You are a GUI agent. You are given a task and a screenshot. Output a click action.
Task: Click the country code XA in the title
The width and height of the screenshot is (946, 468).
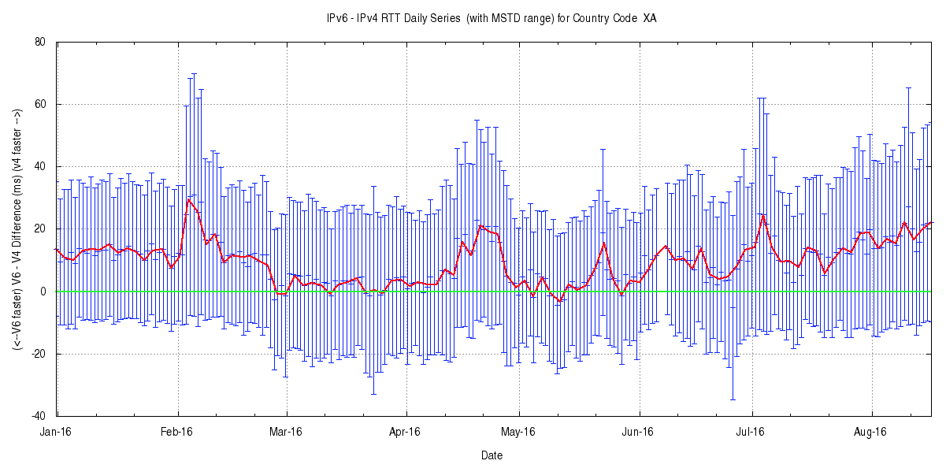649,18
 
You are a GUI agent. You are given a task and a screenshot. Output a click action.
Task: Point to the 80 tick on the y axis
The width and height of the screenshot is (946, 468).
39,43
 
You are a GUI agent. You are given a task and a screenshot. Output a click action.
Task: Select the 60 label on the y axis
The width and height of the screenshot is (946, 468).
39,105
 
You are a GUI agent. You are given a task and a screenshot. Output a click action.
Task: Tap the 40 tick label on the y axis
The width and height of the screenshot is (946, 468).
39,167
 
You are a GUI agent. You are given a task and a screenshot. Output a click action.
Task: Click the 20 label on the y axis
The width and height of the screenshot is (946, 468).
39,229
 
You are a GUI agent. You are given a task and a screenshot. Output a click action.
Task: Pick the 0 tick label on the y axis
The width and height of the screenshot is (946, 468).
43,292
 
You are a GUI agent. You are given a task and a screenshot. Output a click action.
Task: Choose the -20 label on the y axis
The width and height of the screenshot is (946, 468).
38,354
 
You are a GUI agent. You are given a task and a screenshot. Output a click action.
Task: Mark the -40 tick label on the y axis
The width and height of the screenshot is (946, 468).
38,416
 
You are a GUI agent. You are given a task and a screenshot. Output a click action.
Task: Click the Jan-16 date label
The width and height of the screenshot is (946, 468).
56,432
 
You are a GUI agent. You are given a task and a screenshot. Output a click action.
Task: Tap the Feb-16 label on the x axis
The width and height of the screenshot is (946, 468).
177,432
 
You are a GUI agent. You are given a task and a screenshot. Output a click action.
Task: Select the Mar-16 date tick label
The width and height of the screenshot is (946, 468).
286,432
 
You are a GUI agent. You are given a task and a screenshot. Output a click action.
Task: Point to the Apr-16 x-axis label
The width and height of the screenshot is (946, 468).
406,432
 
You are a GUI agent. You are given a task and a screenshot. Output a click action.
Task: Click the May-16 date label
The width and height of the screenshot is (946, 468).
518,432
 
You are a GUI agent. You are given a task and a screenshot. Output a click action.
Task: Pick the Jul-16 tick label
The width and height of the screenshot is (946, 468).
751,432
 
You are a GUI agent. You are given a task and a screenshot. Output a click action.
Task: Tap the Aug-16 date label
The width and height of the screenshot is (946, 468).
871,432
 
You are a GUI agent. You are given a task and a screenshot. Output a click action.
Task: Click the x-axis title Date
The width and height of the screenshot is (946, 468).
492,455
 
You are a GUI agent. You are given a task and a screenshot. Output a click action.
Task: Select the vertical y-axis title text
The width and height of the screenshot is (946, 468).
17,228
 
